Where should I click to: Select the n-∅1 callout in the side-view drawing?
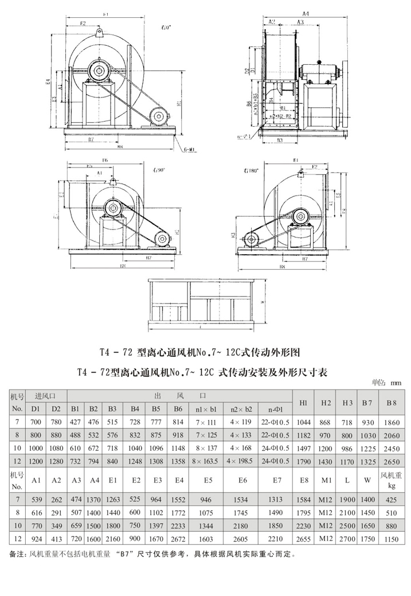(245, 137)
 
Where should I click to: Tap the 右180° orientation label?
(251, 170)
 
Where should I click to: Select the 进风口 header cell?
(46, 396)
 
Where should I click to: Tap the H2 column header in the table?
(326, 403)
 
